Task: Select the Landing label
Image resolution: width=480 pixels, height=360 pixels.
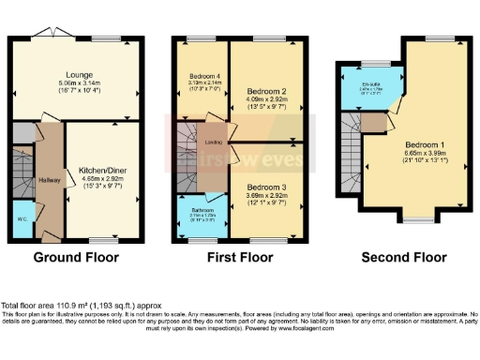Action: click(213, 142)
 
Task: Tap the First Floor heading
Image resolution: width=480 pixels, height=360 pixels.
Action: click(240, 257)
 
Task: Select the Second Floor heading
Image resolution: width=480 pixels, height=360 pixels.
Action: click(405, 257)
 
